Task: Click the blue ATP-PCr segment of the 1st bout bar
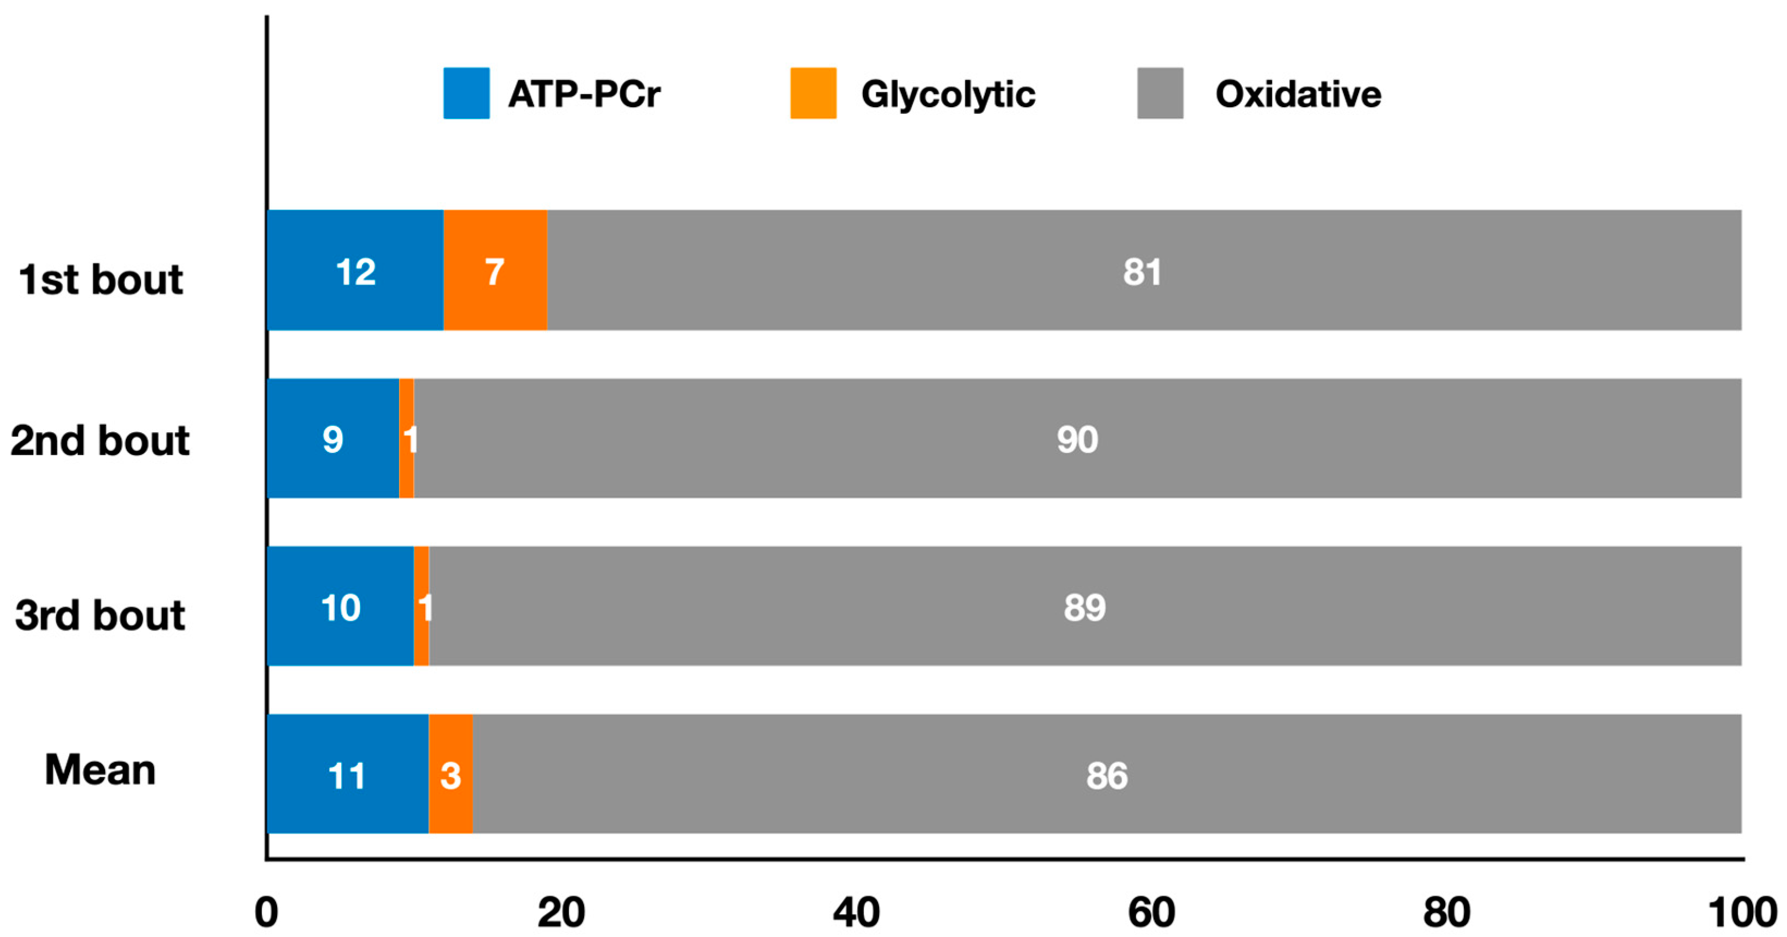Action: (x=355, y=271)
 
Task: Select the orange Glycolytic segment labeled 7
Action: (x=495, y=271)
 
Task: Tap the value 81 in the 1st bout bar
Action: (x=1142, y=272)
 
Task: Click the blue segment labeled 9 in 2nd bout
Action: (x=333, y=439)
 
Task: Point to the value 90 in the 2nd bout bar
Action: (x=1077, y=439)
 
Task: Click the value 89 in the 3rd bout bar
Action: (x=1084, y=607)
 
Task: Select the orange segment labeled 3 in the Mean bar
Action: (x=450, y=775)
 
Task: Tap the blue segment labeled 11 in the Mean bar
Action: (x=347, y=775)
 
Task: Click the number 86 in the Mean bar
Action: (x=1107, y=775)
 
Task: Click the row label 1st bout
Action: (x=101, y=280)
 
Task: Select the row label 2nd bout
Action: (x=100, y=441)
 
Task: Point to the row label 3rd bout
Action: (x=100, y=615)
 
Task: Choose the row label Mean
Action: (x=100, y=770)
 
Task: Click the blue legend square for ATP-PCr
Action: (x=466, y=93)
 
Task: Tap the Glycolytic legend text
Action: (x=948, y=94)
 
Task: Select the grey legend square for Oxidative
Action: (x=1160, y=93)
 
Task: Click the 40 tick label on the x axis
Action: (x=856, y=912)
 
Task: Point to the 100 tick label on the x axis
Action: (x=1742, y=912)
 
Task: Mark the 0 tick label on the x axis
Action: (x=266, y=912)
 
